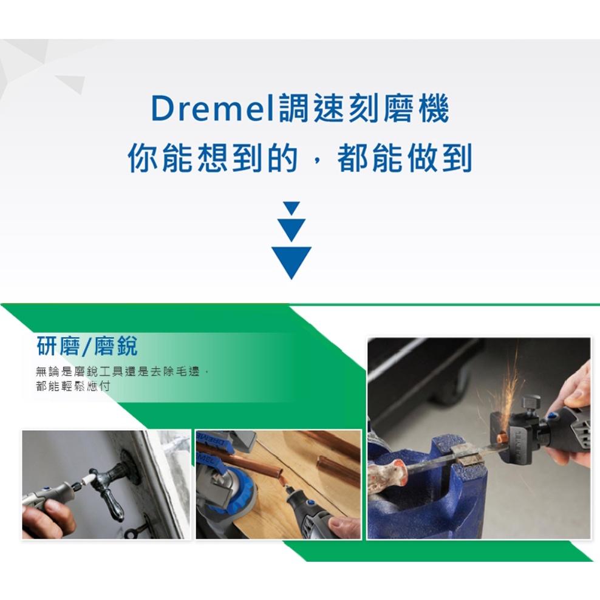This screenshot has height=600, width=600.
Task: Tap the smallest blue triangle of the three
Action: point(291,208)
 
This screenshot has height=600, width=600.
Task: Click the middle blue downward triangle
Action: point(291,230)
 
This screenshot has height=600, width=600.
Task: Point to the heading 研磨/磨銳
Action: point(87,347)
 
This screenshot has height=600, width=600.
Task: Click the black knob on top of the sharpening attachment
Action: point(530,403)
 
